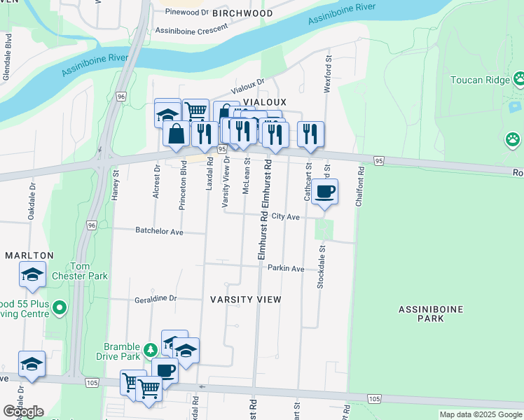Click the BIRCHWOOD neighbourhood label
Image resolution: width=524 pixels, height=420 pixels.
pos(243,13)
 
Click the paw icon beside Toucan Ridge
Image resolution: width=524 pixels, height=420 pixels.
pos(519,79)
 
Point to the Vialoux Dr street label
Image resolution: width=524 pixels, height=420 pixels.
pos(249,87)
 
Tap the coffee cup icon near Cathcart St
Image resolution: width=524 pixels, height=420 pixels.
pos(324,191)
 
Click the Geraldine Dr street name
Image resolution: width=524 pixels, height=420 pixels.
pos(156,299)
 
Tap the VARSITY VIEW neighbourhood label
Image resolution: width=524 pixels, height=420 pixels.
pos(246,300)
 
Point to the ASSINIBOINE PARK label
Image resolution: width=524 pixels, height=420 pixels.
pos(421,313)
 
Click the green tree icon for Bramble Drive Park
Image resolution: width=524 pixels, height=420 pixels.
pos(149,348)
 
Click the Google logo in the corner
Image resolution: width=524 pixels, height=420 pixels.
pos(23,411)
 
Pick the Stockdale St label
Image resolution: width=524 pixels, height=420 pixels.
pos(322,265)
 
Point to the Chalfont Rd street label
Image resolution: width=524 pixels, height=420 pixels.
pos(361,185)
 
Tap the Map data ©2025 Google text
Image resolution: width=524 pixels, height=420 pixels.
pos(480,414)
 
